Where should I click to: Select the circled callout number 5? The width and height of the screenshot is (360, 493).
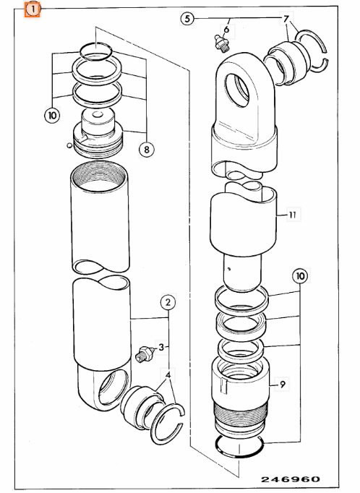click(x=188, y=18)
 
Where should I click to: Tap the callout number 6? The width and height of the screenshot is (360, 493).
click(x=226, y=29)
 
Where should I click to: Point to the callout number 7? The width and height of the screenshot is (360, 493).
click(x=286, y=18)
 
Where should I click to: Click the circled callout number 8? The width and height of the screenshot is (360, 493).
click(x=147, y=150)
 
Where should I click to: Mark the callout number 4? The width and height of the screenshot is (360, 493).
click(x=168, y=375)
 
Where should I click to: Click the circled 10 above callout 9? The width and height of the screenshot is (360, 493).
click(x=300, y=276)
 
